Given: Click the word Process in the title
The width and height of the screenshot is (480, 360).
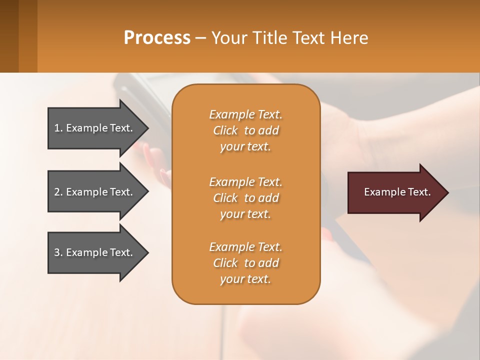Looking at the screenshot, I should [x=157, y=37].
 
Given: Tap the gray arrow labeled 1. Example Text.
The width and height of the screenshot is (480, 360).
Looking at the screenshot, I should [x=93, y=128].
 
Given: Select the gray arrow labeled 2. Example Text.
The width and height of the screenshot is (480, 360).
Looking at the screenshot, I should [x=93, y=192].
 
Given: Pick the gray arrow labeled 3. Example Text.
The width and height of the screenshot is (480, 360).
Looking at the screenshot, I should [x=93, y=252].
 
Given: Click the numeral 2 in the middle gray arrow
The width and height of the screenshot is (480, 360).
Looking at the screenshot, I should [x=56, y=192].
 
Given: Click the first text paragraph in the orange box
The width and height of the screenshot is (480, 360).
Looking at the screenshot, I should [x=245, y=130].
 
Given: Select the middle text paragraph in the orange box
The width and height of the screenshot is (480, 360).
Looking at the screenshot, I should [x=245, y=198].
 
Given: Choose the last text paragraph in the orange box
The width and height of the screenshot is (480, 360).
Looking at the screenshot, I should [x=245, y=263].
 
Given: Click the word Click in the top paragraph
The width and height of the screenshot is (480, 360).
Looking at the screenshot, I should [x=225, y=130].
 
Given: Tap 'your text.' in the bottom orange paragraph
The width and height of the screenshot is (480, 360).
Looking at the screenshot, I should [x=245, y=279].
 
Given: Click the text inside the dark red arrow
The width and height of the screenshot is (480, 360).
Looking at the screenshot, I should [x=397, y=192].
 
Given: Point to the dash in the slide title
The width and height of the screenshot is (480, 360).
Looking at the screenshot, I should [x=200, y=38].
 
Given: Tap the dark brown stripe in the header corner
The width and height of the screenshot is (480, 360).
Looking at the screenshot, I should [x=9, y=36].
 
